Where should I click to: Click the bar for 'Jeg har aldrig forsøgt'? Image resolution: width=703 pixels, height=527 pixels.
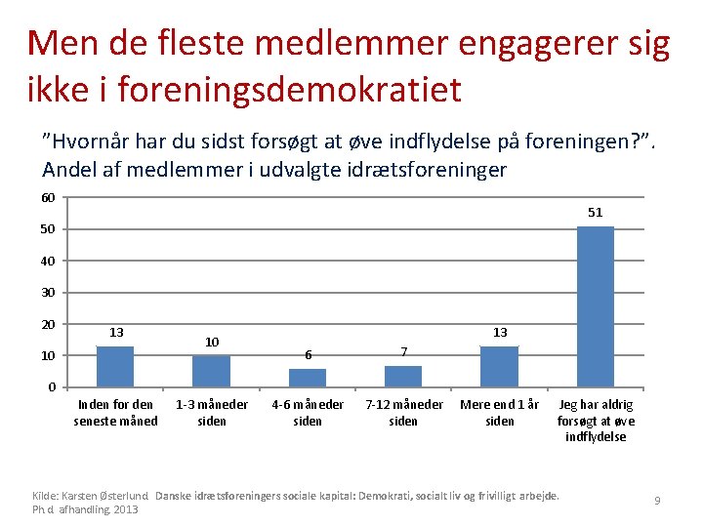click(596, 306)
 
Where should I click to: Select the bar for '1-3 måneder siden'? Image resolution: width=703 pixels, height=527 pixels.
click(211, 371)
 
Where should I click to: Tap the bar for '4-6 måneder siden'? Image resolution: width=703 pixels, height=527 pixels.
click(308, 378)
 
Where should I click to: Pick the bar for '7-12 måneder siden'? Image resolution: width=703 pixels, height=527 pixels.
click(403, 377)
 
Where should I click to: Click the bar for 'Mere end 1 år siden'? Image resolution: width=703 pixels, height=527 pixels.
click(500, 367)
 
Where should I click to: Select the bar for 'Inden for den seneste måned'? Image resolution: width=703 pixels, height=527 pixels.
click(115, 367)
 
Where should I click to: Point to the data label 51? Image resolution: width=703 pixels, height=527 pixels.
click(596, 213)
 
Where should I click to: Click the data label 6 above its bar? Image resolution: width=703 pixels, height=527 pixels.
click(309, 355)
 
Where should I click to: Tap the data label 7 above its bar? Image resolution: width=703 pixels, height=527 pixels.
click(404, 351)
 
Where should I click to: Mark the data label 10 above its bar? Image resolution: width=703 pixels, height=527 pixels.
click(212, 343)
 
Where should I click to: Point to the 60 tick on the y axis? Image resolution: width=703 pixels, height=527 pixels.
click(48, 197)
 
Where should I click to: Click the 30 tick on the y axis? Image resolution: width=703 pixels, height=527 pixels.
click(48, 293)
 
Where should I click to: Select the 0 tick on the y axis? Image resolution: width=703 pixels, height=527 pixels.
click(52, 386)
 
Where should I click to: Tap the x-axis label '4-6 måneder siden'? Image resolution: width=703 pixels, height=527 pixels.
click(308, 413)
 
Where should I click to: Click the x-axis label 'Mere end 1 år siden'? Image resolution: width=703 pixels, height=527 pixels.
click(500, 413)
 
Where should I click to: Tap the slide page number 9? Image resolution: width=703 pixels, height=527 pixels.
click(657, 500)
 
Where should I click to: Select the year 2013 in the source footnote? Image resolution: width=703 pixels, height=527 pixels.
click(126, 509)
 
